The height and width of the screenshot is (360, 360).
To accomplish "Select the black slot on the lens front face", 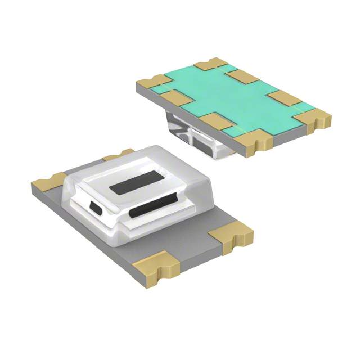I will pyautogui.click(x=154, y=211).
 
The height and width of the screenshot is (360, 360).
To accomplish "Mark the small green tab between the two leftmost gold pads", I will pyautogui.click(x=163, y=89).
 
